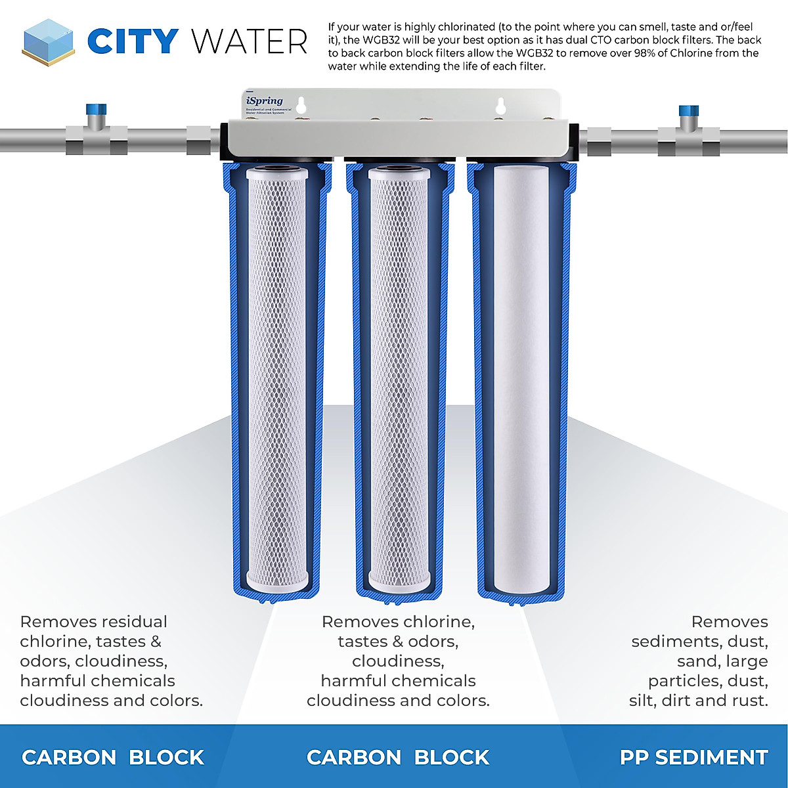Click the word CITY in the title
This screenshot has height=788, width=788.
(x=133, y=41)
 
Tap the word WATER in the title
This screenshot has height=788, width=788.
(x=250, y=41)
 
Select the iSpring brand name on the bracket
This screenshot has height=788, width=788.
(x=265, y=100)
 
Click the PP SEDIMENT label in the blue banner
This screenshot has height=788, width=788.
(x=693, y=757)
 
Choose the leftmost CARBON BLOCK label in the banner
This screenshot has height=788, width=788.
(x=113, y=757)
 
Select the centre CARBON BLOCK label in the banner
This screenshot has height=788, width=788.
(x=398, y=757)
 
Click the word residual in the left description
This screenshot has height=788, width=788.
(x=132, y=622)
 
